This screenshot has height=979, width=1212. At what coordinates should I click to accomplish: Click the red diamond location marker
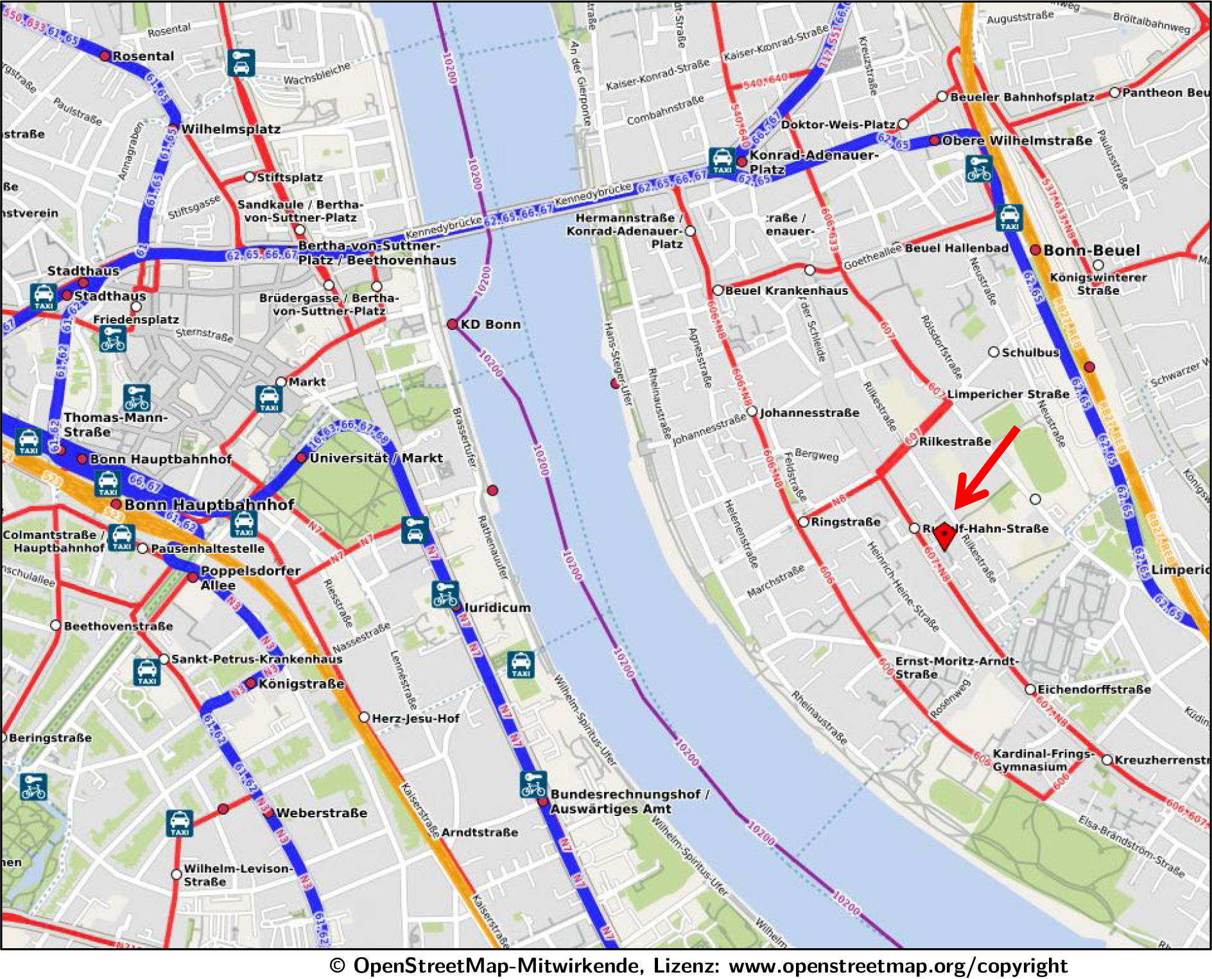(x=944, y=536)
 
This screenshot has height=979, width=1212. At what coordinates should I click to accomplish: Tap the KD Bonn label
(x=490, y=324)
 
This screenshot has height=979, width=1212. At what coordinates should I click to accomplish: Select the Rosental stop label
(x=143, y=56)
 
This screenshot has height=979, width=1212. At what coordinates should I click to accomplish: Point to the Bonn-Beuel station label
(x=1091, y=250)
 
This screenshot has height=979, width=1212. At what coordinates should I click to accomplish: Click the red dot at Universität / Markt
(x=301, y=458)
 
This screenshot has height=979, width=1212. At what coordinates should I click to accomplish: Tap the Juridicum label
(x=498, y=607)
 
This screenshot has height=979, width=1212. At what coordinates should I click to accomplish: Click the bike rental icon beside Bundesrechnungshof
(x=533, y=784)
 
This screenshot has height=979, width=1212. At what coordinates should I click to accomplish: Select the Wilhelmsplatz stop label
(x=230, y=129)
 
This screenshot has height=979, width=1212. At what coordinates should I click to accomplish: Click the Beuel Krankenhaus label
(x=786, y=290)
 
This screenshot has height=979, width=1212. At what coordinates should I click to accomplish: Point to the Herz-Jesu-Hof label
(x=415, y=718)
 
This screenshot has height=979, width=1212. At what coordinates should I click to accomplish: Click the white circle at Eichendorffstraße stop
(x=1030, y=689)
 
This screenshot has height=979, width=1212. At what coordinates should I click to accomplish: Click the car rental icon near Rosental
(x=241, y=63)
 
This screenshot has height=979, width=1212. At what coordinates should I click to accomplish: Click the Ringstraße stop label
(x=845, y=521)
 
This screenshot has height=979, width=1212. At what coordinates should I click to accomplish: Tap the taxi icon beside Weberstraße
(x=179, y=823)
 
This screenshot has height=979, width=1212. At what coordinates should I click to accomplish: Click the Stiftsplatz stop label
(x=290, y=177)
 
